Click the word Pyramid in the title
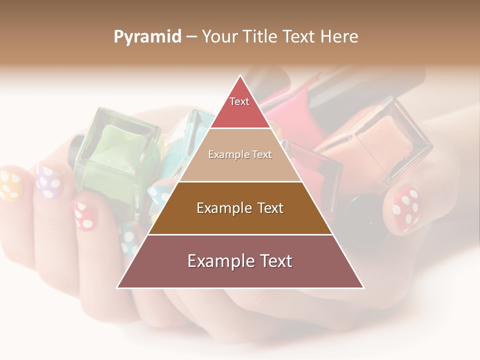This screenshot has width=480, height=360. pyautogui.click(x=147, y=37)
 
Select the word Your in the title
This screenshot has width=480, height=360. pyautogui.click(x=220, y=37)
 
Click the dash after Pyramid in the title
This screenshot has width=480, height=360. pyautogui.click(x=191, y=37)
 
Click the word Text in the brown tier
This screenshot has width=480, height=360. pyautogui.click(x=268, y=208)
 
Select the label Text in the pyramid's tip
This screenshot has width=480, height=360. pyautogui.click(x=239, y=101)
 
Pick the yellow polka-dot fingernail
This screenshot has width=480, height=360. pyautogui.click(x=10, y=185)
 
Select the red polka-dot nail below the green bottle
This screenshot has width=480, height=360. pyautogui.click(x=84, y=214)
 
